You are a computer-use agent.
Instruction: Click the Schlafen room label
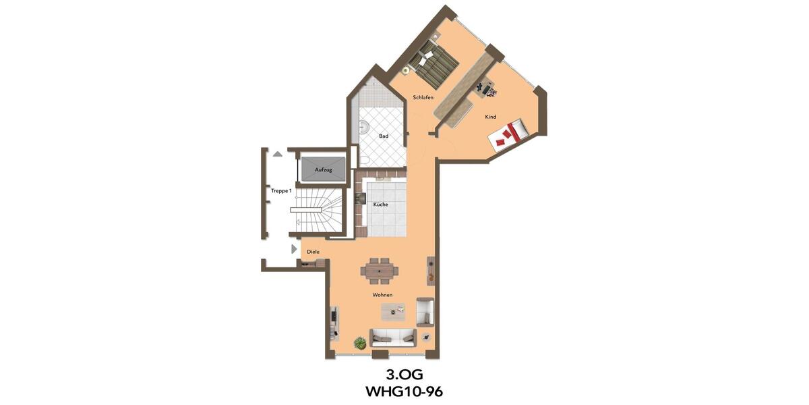pyautogui.click(x=423, y=98)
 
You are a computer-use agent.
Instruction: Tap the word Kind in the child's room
pyautogui.click(x=490, y=117)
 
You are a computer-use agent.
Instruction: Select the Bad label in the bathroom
pyautogui.click(x=384, y=136)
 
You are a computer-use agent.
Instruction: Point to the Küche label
pyautogui.click(x=380, y=205)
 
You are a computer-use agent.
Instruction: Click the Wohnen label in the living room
pyautogui.click(x=382, y=295)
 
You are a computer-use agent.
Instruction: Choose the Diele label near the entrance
pyautogui.click(x=313, y=252)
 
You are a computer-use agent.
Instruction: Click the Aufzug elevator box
pyautogui.click(x=324, y=169)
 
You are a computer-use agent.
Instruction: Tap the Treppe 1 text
pyautogui.click(x=281, y=191)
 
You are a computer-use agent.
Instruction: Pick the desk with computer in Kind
pyautogui.click(x=485, y=88)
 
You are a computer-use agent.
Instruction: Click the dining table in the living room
pyautogui.click(x=380, y=271)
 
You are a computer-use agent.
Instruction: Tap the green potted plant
pyautogui.click(x=361, y=342)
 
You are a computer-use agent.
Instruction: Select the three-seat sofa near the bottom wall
pyautogui.click(x=392, y=337)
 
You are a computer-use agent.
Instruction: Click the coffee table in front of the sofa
pyautogui.click(x=393, y=310)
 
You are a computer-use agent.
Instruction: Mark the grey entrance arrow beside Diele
pyautogui.click(x=294, y=249)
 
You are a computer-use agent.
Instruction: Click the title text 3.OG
pyautogui.click(x=404, y=375)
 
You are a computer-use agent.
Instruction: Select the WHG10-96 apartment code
pyautogui.click(x=404, y=391)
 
